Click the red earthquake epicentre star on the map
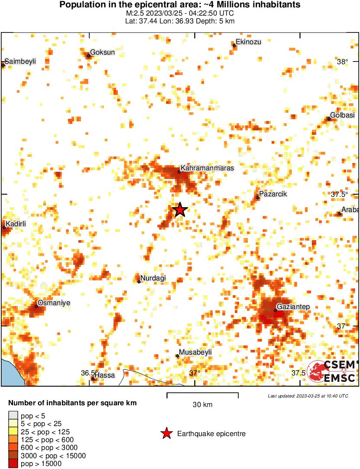coord(180,210)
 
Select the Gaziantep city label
coord(293,307)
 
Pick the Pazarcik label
coord(273,194)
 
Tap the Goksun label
coord(102,52)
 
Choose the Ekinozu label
coord(249,42)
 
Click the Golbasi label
coord(342,115)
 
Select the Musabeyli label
coord(195,352)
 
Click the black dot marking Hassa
coord(93,378)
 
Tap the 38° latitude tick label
coord(342,62)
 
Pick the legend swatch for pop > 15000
coord(14,464)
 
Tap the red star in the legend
coord(166,433)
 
